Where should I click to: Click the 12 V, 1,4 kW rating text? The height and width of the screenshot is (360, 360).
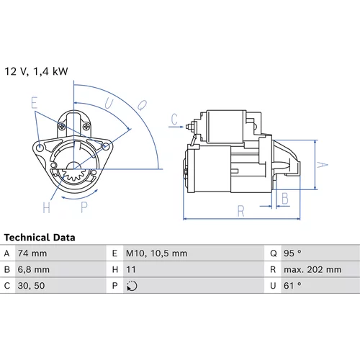pyautogui.click(x=36, y=71)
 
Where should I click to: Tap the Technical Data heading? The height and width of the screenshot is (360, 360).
pyautogui.click(x=40, y=238)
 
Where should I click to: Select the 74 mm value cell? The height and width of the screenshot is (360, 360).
pyautogui.click(x=32, y=253)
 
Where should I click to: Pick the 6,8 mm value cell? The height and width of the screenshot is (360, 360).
pyautogui.click(x=34, y=269)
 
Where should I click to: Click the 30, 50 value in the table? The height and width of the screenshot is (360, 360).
pyautogui.click(x=31, y=286)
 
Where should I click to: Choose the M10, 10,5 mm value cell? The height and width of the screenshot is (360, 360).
pyautogui.click(x=156, y=253)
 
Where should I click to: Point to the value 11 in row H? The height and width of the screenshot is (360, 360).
pyautogui.click(x=131, y=269)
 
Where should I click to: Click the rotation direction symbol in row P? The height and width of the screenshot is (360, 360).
pyautogui.click(x=132, y=286)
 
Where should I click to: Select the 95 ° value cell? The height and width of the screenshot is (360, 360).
pyautogui.click(x=292, y=253)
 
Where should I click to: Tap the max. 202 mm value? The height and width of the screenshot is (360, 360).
pyautogui.click(x=312, y=269)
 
